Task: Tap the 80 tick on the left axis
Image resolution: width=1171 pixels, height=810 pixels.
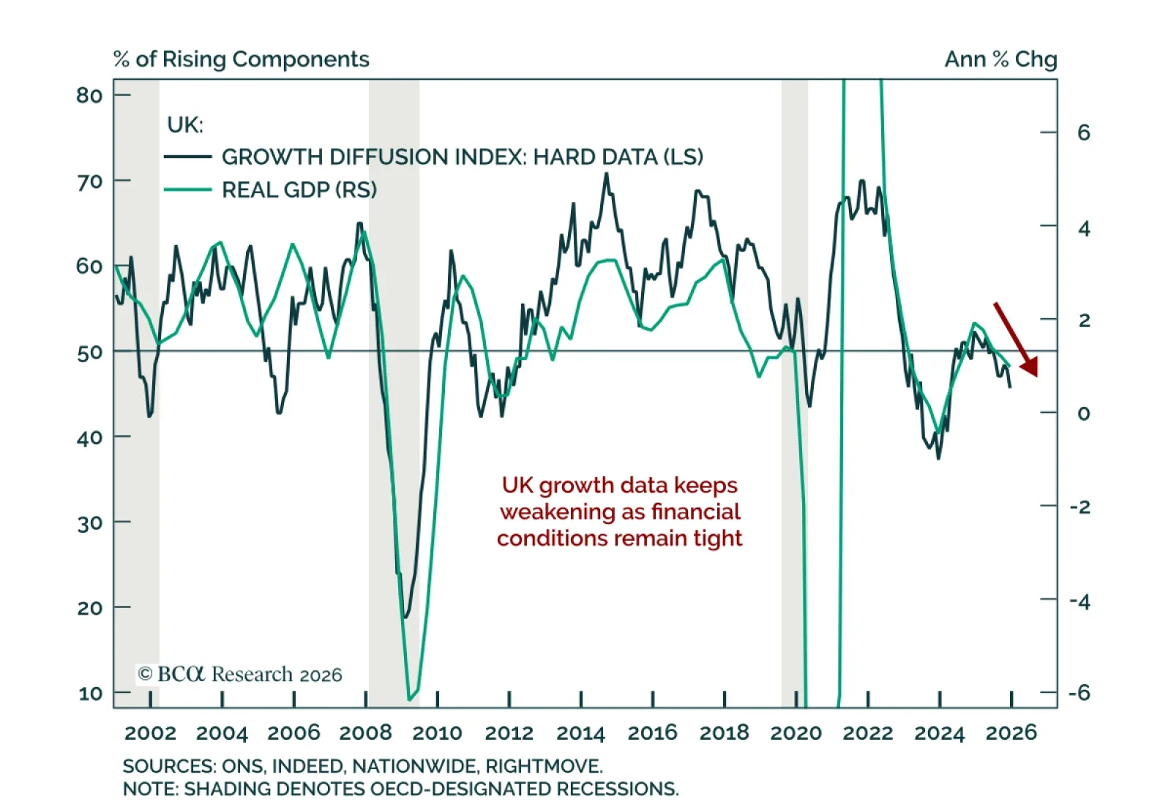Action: [x=89, y=95]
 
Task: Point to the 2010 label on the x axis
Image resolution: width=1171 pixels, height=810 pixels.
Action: [x=437, y=732]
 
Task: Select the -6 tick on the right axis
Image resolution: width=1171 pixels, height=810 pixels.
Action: [x=1079, y=692]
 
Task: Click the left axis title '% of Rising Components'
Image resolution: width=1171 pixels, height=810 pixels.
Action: [x=242, y=59]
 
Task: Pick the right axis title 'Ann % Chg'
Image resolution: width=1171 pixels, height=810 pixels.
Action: [x=1000, y=59]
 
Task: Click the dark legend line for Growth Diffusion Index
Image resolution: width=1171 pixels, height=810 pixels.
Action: [x=187, y=157]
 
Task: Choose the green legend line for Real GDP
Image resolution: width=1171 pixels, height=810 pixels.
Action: [x=187, y=190]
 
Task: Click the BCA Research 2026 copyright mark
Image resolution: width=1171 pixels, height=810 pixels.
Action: [x=240, y=674]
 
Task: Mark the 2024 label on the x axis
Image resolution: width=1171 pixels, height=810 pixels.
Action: [x=939, y=732]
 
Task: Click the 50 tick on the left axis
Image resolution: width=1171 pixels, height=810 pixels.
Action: [x=89, y=352]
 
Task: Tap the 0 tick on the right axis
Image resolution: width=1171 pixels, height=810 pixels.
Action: [x=1084, y=413]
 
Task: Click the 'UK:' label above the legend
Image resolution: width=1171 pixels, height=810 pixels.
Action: [x=185, y=125]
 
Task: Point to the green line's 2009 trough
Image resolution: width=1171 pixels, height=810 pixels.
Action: [x=410, y=700]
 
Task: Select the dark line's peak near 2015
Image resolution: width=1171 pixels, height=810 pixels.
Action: [x=607, y=174]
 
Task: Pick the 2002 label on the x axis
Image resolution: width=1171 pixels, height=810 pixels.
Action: [x=150, y=732]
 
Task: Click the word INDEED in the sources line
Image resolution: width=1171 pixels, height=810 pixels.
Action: [x=307, y=766]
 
